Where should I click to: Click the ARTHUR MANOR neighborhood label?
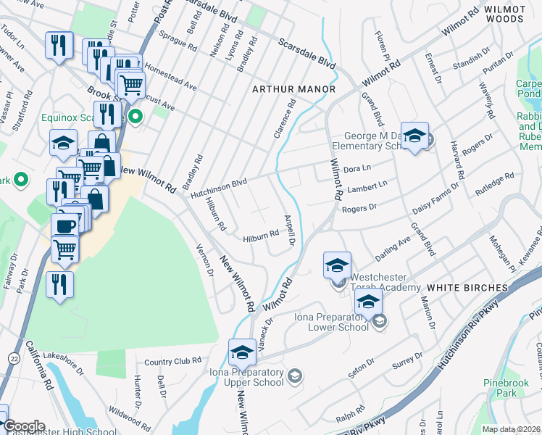pos(293,89)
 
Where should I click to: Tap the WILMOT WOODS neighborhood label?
pos(504,14)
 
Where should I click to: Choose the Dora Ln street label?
pos(357,168)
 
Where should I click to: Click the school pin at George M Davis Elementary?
pos(414,136)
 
